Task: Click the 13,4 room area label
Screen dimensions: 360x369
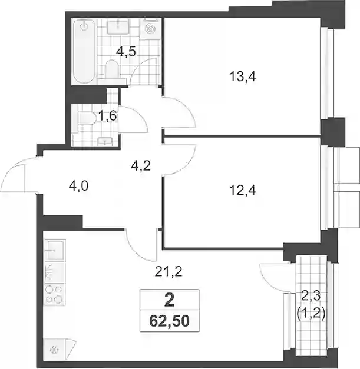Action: coord(242,77)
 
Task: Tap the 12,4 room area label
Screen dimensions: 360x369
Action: coord(242,190)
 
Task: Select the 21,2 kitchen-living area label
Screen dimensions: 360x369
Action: coord(169,272)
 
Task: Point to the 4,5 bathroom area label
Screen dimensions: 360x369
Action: coord(126,52)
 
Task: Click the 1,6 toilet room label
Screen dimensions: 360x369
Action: coord(107,116)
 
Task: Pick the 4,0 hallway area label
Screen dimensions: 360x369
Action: coord(78,186)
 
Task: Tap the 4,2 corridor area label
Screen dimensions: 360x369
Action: coord(141,166)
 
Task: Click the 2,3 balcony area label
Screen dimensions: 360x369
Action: coord(311,297)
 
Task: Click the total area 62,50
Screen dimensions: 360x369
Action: coord(169,321)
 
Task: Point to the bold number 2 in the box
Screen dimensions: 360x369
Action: coord(169,301)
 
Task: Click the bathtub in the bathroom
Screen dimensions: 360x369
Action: coord(84,51)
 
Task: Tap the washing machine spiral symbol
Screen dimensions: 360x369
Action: coord(151,29)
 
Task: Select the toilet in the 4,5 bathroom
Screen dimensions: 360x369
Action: coord(112,69)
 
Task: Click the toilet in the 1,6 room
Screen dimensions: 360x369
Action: coord(86,118)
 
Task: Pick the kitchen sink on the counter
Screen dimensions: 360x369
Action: coord(55,250)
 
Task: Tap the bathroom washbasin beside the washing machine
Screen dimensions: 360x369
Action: coord(118,26)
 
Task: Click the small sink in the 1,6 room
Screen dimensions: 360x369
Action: coord(105,141)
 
